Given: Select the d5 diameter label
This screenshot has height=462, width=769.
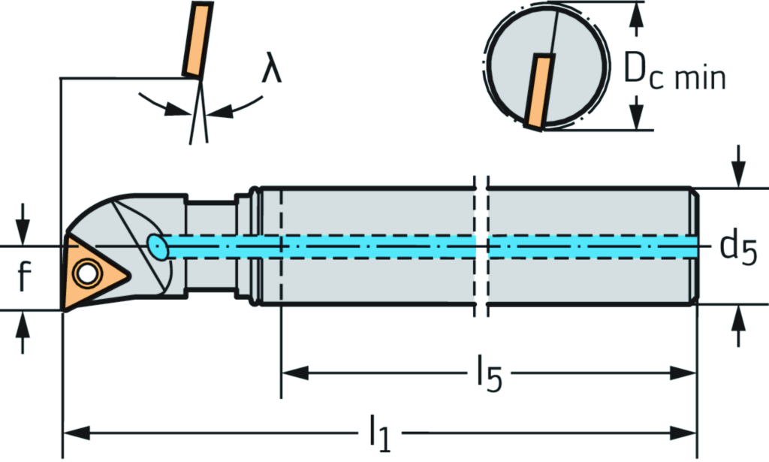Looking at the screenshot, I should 739,247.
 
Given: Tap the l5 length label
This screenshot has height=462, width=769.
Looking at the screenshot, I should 486,374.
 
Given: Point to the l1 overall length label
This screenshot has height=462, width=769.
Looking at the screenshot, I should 379,434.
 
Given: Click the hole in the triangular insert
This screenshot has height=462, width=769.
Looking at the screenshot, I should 86,273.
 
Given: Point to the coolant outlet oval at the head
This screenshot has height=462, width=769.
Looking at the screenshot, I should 157,246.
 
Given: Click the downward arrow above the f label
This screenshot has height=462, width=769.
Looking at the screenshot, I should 23,229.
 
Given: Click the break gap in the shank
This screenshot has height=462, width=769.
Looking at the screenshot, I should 481,248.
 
